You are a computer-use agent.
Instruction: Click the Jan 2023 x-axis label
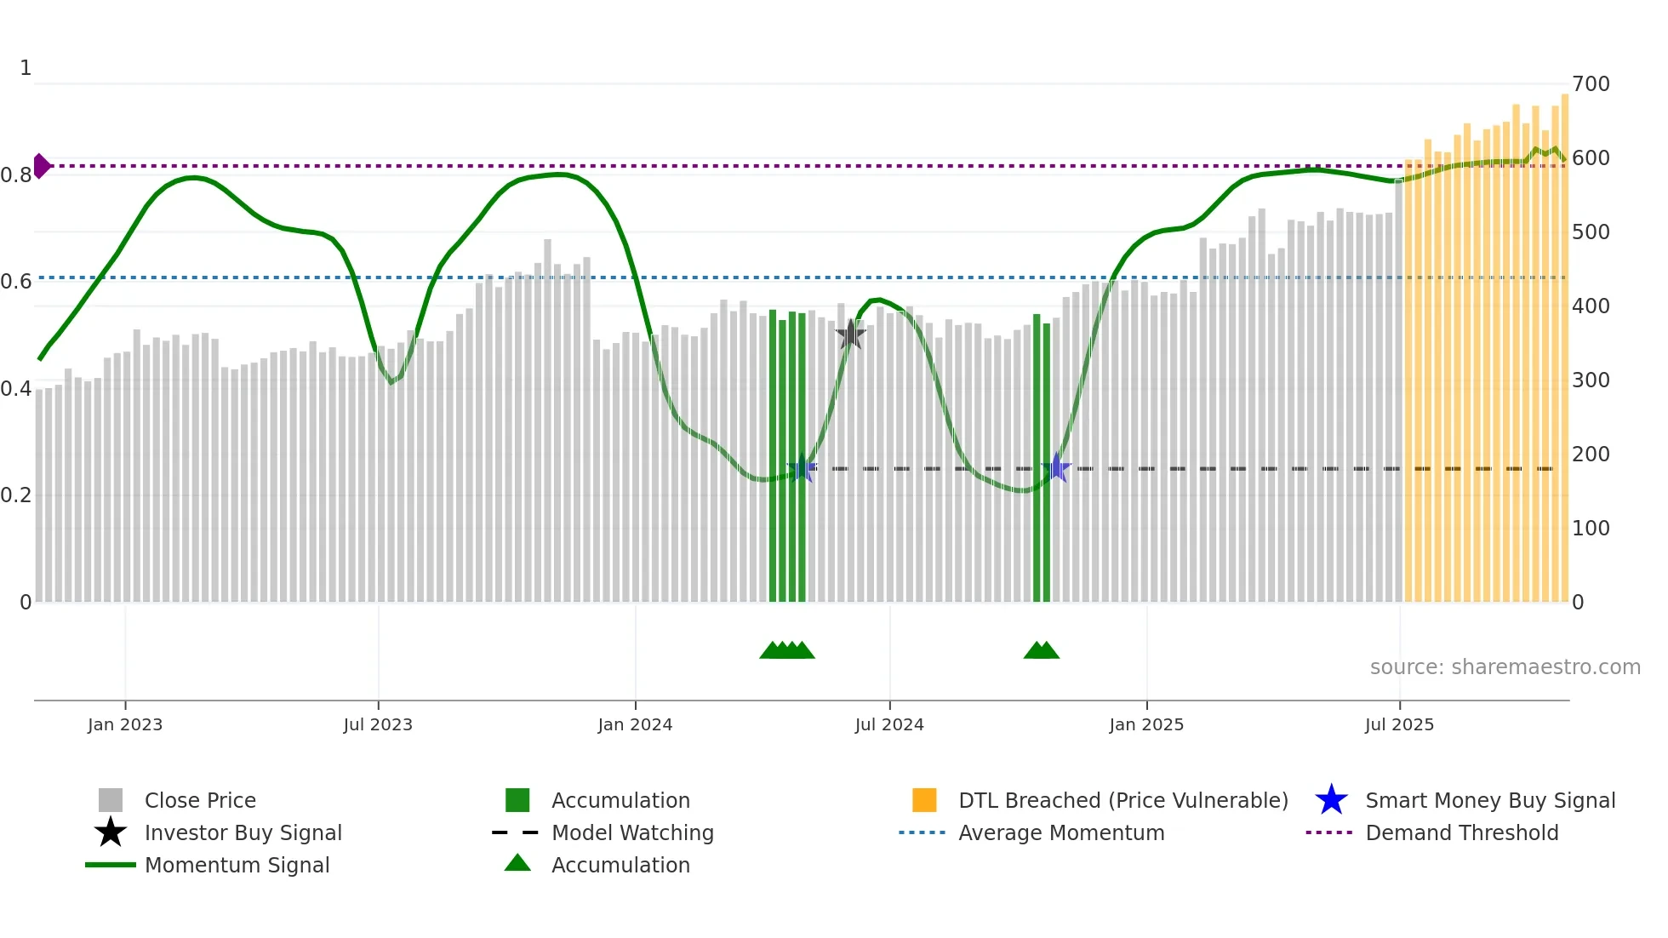pyautogui.click(x=125, y=724)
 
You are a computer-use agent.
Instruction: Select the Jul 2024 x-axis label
pyautogui.click(x=889, y=724)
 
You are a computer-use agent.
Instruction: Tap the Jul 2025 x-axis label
pyautogui.click(x=1399, y=724)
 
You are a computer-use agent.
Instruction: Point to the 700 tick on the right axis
pyautogui.click(x=1591, y=84)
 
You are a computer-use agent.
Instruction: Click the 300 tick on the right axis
pyautogui.click(x=1591, y=380)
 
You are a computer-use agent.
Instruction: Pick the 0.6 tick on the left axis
pyautogui.click(x=16, y=282)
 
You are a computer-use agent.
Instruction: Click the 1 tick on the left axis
pyautogui.click(x=26, y=68)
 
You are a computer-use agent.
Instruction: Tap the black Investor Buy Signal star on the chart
pyautogui.click(x=850, y=335)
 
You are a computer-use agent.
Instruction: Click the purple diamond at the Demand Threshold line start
pyautogui.click(x=41, y=166)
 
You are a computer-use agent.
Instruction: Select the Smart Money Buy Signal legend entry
pyautogui.click(x=1489, y=801)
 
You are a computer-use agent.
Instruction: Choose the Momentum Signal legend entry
pyautogui.click(x=237, y=866)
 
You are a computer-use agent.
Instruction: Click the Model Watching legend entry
pyautogui.click(x=632, y=833)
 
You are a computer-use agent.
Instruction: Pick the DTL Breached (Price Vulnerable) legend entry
pyautogui.click(x=1122, y=801)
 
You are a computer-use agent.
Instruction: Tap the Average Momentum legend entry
pyautogui.click(x=1061, y=833)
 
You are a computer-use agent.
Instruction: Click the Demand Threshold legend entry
pyautogui.click(x=1461, y=833)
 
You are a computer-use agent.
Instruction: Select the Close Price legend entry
pyautogui.click(x=200, y=801)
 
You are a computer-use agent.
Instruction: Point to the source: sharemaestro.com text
pyautogui.click(x=1505, y=667)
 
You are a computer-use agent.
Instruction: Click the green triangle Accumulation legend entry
pyautogui.click(x=620, y=866)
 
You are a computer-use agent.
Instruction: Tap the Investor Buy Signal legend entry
pyautogui.click(x=243, y=833)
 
